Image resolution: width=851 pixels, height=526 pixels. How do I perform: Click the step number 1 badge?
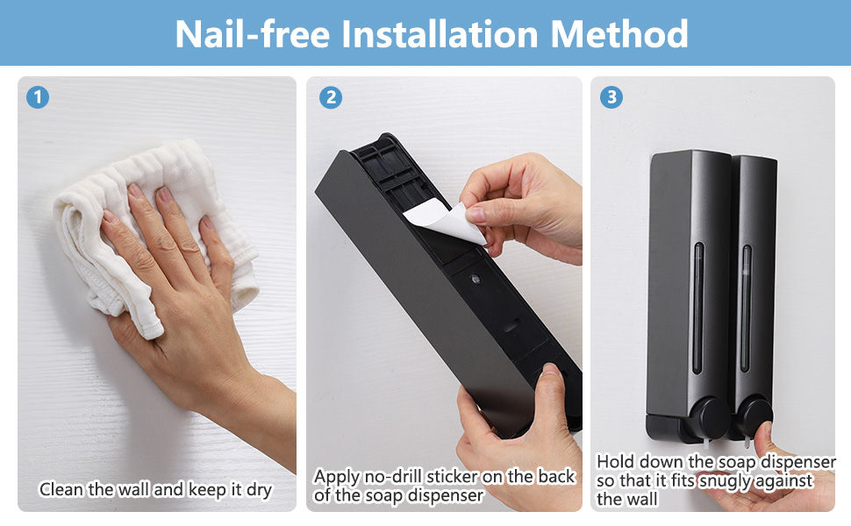pos(38,97)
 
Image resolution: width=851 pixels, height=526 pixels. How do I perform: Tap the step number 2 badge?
pos(331,97)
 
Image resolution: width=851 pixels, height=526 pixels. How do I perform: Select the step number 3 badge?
pos(611,97)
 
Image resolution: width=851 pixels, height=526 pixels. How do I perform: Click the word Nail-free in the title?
pos(253,33)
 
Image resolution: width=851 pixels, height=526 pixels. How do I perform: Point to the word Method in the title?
pos(619,33)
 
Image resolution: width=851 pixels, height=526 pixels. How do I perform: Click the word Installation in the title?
pos(440,33)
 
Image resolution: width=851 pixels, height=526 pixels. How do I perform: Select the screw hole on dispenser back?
pos(476,280)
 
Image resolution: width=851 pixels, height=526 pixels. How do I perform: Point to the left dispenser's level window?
pos(698,308)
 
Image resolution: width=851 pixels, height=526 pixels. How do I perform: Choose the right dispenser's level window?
pos(747,308)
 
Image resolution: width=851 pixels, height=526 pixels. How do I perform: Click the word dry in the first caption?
pos(259,490)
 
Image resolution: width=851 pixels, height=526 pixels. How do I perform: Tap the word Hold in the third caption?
pos(616,461)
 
